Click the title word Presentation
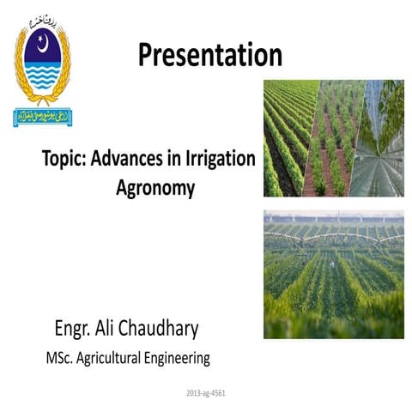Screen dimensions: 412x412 [x=209, y=56]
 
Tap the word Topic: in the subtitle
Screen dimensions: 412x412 [x=64, y=160]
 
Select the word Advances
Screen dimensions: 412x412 [x=123, y=160]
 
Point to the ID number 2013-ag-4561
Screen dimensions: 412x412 [x=206, y=393]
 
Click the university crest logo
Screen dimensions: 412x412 [x=42, y=69]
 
